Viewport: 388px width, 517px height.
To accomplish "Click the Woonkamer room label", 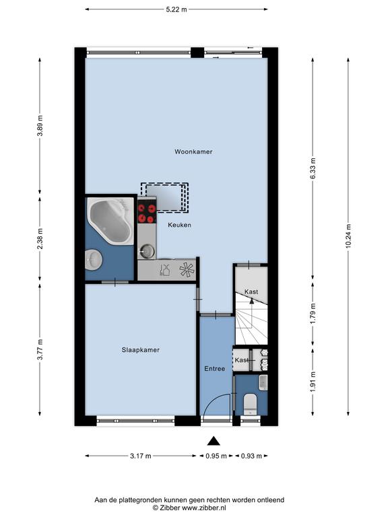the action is click(x=193, y=151).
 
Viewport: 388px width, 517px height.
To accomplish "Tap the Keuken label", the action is click(x=179, y=225).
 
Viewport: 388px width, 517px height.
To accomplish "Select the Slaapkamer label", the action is click(x=141, y=350).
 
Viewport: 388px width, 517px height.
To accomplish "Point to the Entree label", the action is click(x=214, y=369).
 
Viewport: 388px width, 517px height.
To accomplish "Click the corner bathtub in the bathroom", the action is click(x=110, y=221).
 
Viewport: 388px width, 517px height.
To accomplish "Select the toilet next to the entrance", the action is click(x=250, y=404).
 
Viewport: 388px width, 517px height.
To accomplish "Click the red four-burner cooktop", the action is click(x=147, y=213).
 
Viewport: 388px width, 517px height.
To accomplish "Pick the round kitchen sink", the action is click(x=147, y=251).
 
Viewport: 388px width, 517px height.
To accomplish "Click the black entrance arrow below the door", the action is click(x=214, y=441).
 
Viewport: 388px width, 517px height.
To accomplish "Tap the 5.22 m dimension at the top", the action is click(x=176, y=9).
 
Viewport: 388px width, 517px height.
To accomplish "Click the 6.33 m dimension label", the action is click(x=313, y=168).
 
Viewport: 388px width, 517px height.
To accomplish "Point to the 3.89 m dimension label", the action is click(x=40, y=126).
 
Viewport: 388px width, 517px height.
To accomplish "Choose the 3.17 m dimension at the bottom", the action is click(x=141, y=456).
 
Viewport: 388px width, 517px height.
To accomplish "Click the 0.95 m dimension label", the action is click(x=216, y=456).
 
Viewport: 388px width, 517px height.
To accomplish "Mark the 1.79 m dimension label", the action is click(x=313, y=313).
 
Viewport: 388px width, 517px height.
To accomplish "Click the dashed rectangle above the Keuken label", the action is click(x=164, y=197).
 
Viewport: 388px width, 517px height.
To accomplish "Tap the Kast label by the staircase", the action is click(x=251, y=291).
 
